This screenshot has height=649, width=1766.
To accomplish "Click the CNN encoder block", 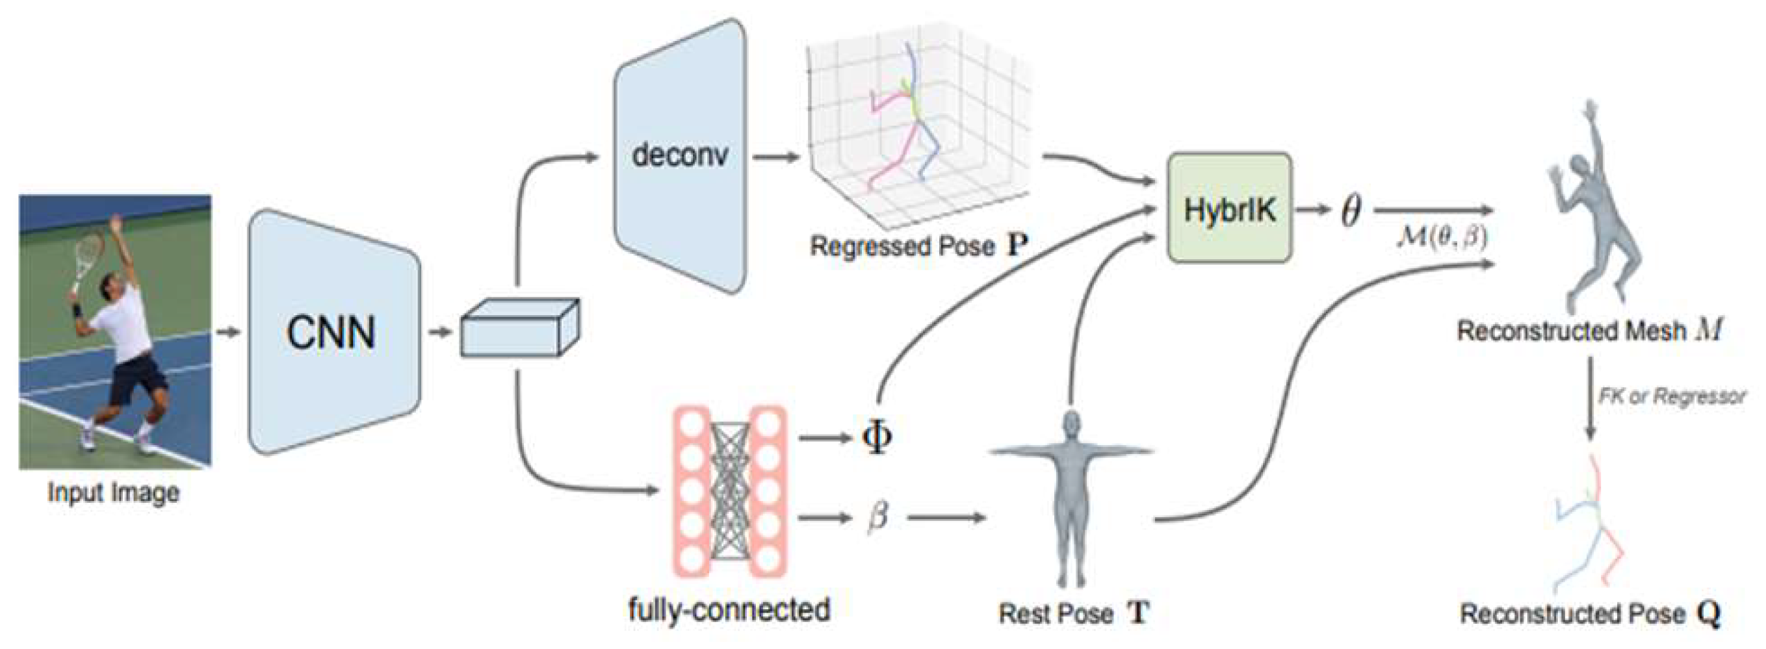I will click(333, 333).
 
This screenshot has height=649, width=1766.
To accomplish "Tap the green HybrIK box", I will click(1229, 209).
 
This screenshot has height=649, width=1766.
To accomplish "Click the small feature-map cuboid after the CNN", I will click(519, 329).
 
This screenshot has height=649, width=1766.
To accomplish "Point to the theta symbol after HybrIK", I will click(1350, 210).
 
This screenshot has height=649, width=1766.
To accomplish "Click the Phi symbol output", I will click(877, 437).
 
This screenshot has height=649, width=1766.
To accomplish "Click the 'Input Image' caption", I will click(114, 492).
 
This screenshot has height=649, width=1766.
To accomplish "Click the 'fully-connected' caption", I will click(729, 609).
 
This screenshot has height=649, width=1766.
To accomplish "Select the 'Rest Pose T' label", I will click(1073, 613).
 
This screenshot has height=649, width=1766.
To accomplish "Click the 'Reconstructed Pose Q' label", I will click(1589, 613).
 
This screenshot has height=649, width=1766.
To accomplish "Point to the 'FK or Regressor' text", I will click(1671, 396).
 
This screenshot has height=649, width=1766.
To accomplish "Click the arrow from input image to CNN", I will click(229, 333).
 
